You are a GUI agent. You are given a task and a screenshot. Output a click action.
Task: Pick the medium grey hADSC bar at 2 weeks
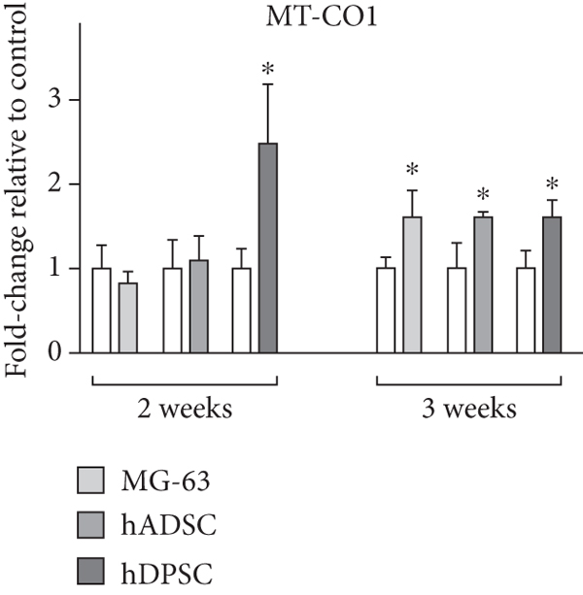pyautogui.click(x=198, y=306)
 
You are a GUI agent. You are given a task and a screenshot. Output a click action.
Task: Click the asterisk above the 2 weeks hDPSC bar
pyautogui.click(x=267, y=70)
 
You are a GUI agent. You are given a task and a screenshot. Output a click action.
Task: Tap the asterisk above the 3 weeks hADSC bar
pyautogui.click(x=483, y=195)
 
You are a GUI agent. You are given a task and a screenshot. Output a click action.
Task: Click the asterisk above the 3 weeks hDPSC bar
pyautogui.click(x=553, y=184)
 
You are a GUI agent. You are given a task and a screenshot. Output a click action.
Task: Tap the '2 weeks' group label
pyautogui.click(x=186, y=408)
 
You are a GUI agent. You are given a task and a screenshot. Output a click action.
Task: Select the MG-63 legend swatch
pyautogui.click(x=90, y=480)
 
